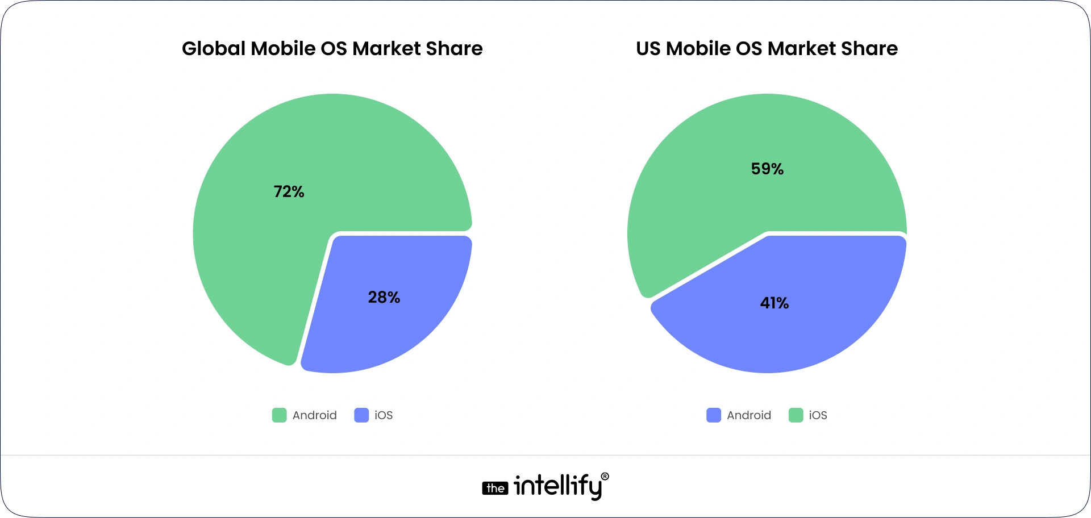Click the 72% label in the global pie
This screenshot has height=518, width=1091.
(x=289, y=192)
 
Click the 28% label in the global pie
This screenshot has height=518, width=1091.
(x=384, y=298)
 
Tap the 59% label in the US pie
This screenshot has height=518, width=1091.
(x=767, y=169)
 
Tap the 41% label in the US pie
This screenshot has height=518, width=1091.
(x=774, y=303)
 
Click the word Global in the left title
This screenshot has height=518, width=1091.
(x=214, y=49)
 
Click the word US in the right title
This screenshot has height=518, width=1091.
(x=648, y=49)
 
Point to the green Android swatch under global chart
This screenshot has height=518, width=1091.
(x=279, y=415)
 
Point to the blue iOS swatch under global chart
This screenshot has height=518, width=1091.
(x=361, y=415)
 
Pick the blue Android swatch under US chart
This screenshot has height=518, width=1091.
(x=713, y=415)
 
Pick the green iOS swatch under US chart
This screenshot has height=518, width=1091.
(x=796, y=415)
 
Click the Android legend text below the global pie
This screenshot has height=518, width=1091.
(x=314, y=415)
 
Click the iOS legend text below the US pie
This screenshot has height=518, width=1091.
(x=818, y=415)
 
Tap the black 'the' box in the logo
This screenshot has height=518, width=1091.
(x=495, y=488)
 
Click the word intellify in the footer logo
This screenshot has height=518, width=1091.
(x=557, y=486)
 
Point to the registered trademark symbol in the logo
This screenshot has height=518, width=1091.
(x=605, y=477)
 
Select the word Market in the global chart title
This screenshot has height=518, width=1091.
(x=386, y=49)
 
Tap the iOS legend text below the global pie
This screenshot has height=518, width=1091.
(x=384, y=415)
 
